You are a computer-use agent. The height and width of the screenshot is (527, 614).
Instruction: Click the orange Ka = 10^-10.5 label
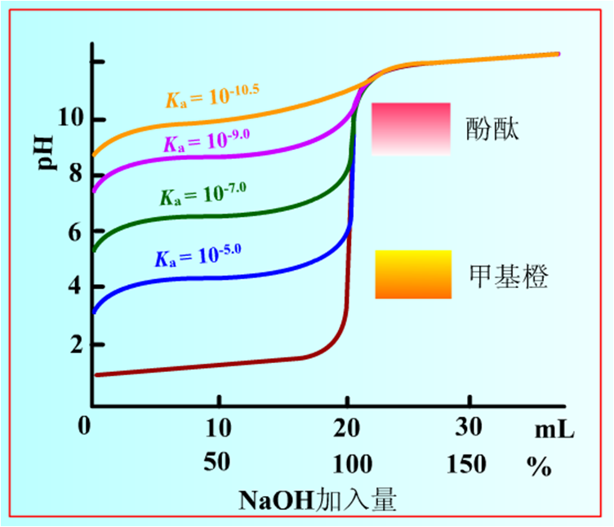[x=211, y=96]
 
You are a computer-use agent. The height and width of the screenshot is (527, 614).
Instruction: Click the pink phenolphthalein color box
[x=411, y=129]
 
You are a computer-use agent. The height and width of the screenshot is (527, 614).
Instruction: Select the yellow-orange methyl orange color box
[x=413, y=274]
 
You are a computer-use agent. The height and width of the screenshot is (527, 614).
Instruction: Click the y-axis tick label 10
[x=69, y=120]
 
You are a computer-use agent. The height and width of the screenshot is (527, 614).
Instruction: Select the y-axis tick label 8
[x=74, y=174]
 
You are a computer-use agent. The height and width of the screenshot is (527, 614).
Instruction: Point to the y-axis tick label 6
[x=74, y=232]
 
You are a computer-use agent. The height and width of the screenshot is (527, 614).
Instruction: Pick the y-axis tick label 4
[x=74, y=286]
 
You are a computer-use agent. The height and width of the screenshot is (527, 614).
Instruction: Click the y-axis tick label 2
[x=74, y=345]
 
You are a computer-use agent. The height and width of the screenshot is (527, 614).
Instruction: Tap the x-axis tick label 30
[x=469, y=427]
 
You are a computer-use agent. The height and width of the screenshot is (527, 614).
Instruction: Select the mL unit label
[x=554, y=430]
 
